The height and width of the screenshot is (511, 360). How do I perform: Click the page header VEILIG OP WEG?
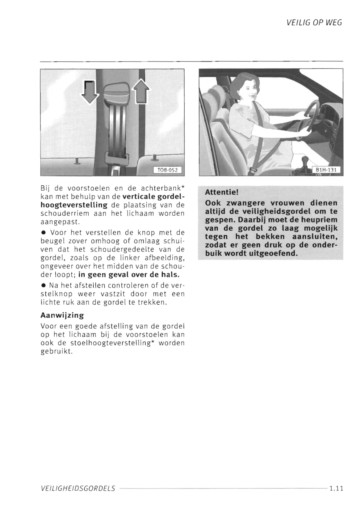(x=314, y=23)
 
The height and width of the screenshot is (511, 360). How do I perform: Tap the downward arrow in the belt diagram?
(x=89, y=92)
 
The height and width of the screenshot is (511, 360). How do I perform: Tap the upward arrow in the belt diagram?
(x=141, y=91)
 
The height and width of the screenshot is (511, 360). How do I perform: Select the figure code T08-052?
(x=167, y=170)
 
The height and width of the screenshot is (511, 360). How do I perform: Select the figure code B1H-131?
(x=326, y=170)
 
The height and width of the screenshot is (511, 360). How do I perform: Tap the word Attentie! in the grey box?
(x=222, y=192)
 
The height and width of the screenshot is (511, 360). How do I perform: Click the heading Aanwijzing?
(x=62, y=315)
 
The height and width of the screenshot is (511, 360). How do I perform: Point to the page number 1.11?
(x=336, y=488)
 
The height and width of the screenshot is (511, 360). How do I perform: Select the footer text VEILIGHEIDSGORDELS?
(x=78, y=488)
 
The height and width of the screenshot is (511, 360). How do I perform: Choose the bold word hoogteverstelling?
(x=74, y=205)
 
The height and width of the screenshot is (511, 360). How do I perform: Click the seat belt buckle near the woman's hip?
(x=253, y=170)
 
